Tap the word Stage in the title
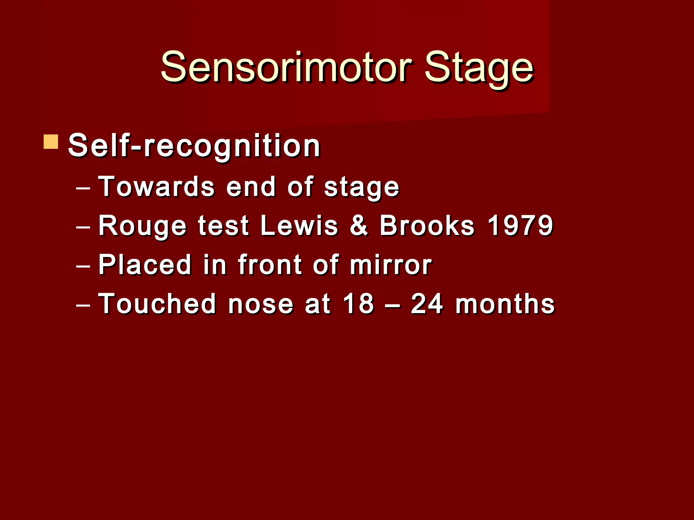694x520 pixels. pyautogui.click(x=479, y=68)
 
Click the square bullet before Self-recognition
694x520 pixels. pyautogui.click(x=51, y=142)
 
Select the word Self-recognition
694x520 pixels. pyautogui.click(x=194, y=146)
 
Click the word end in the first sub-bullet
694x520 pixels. pyautogui.click(x=251, y=187)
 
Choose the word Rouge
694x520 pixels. pyautogui.click(x=142, y=226)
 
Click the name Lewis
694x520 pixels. pyautogui.click(x=299, y=225)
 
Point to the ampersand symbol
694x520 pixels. pyautogui.click(x=359, y=225)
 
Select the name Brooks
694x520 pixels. pyautogui.click(x=427, y=225)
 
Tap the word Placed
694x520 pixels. pyautogui.click(x=145, y=264)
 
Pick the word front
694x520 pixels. pyautogui.click(x=270, y=264)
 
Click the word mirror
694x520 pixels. pyautogui.click(x=391, y=264)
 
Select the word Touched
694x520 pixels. pyautogui.click(x=157, y=304)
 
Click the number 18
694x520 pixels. pyautogui.click(x=358, y=304)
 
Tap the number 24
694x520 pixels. pyautogui.click(x=427, y=304)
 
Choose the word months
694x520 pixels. pyautogui.click(x=505, y=304)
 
